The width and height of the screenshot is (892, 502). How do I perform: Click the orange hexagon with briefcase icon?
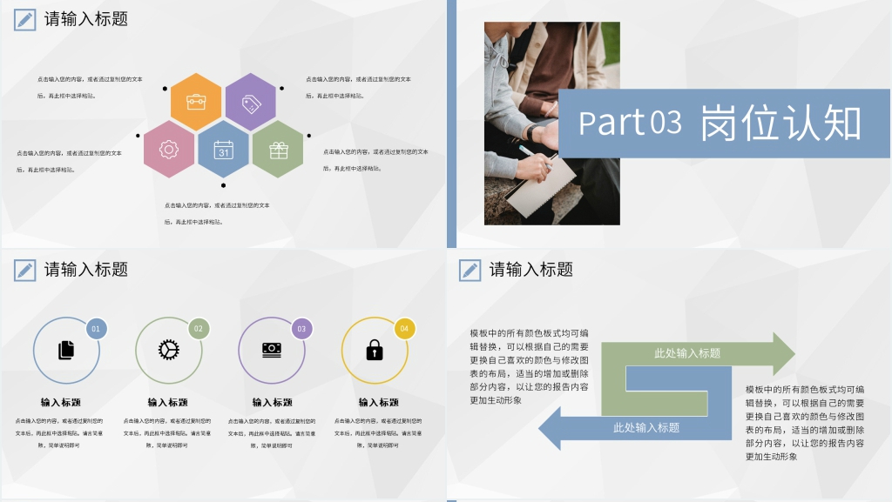click(x=196, y=102)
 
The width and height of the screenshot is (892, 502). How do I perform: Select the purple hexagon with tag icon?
click(x=251, y=102)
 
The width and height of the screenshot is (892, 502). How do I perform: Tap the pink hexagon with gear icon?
click(x=169, y=150)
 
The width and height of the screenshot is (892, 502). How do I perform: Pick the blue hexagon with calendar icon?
click(x=224, y=150)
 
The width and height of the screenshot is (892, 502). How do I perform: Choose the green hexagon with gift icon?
click(x=278, y=150)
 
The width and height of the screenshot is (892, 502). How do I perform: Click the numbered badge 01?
click(x=96, y=329)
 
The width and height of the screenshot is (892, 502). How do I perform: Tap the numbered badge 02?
click(x=199, y=329)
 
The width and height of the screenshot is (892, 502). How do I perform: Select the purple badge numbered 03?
click(x=301, y=329)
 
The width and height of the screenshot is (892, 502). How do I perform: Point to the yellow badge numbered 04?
click(x=403, y=329)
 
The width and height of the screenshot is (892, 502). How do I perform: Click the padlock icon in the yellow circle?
click(x=375, y=350)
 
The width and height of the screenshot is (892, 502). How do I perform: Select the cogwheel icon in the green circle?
click(x=168, y=350)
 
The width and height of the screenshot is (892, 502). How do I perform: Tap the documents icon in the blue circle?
click(x=66, y=350)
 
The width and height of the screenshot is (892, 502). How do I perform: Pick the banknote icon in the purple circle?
click(x=272, y=349)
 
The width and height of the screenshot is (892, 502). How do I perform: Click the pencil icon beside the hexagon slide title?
click(x=25, y=19)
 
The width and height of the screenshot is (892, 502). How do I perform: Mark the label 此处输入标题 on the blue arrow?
click(x=646, y=427)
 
